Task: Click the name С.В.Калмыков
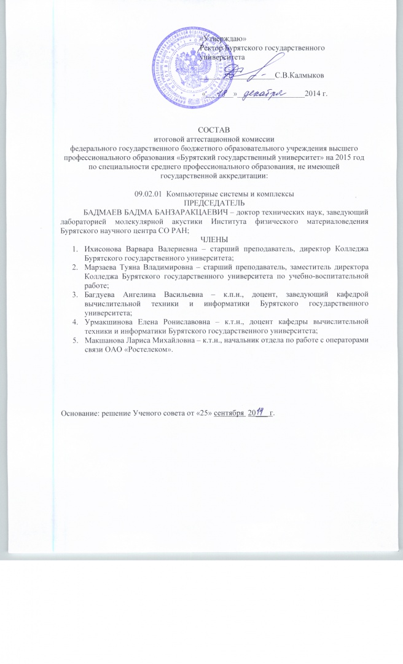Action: click(300, 75)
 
